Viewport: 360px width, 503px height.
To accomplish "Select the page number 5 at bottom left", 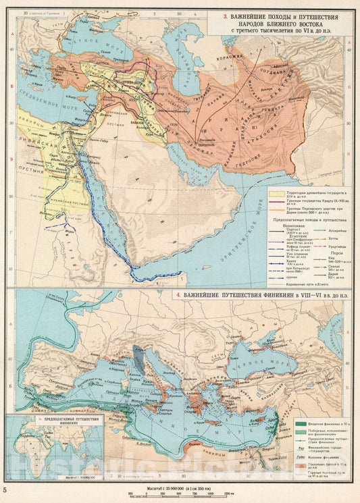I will click(5, 488).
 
